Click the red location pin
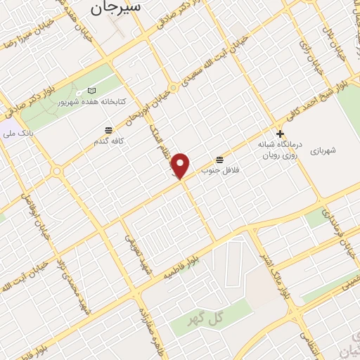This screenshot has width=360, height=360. (x=181, y=165)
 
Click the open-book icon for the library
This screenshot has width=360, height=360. (x=91, y=91)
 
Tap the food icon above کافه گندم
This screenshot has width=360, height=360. (x=108, y=130)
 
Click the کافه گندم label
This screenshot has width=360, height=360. (x=109, y=141)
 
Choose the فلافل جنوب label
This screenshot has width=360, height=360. (x=221, y=169)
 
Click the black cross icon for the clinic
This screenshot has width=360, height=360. (x=280, y=133)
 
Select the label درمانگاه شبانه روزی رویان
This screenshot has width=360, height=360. (x=281, y=146)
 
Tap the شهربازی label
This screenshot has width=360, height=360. (x=322, y=150)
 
